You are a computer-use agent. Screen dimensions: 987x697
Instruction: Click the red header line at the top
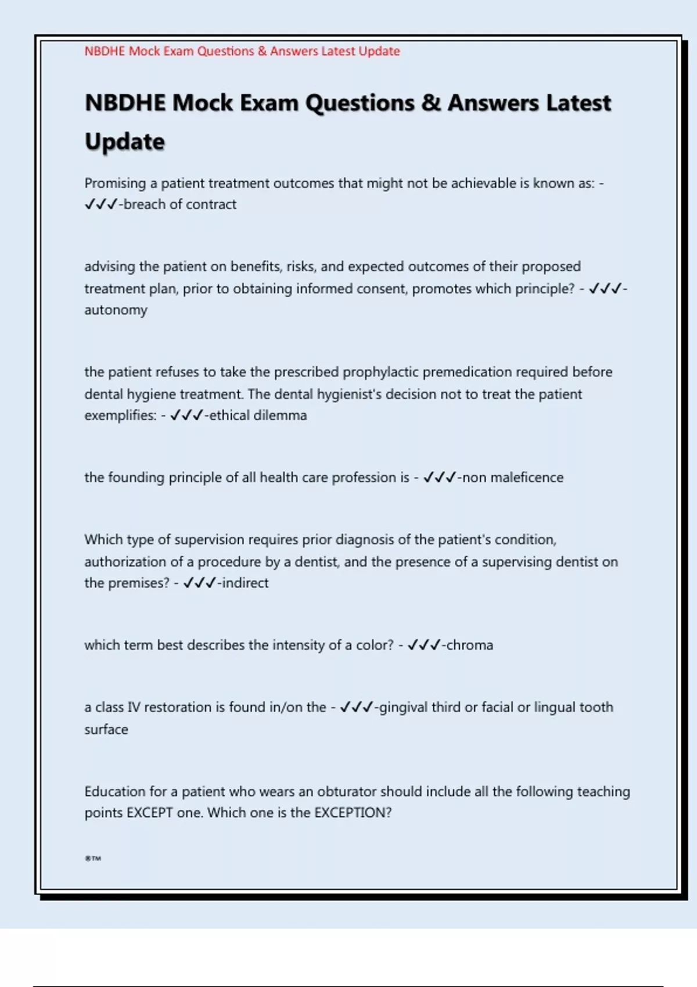(242, 51)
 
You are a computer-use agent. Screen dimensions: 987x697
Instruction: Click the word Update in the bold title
(125, 142)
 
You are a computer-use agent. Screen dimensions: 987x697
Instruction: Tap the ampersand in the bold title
(431, 103)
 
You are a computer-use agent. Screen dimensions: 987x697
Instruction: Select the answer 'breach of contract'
(180, 204)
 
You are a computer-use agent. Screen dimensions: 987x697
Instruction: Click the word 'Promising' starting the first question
(115, 183)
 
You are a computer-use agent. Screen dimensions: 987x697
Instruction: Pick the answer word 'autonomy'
(116, 310)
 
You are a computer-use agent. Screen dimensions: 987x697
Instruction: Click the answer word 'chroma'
(469, 645)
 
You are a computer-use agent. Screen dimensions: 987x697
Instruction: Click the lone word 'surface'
(106, 729)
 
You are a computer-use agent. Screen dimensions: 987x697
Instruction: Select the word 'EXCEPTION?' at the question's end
(353, 813)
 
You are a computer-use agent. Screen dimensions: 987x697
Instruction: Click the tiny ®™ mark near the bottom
(93, 858)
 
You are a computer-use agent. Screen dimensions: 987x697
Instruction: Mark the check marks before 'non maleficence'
(440, 477)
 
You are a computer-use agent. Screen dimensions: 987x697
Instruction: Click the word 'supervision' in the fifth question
(210, 540)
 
